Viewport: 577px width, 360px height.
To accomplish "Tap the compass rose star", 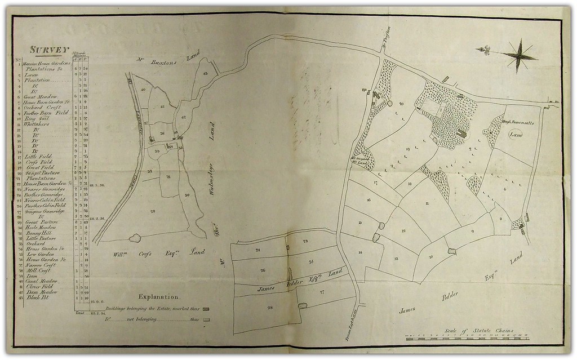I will (x=519, y=54).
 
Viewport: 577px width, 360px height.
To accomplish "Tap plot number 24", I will (x=258, y=250).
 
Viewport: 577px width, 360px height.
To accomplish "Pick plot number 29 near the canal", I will (x=153, y=211).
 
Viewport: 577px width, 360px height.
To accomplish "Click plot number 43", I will (x=205, y=74).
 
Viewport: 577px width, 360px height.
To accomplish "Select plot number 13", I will (x=397, y=259).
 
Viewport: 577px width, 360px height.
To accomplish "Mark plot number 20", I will (x=402, y=104).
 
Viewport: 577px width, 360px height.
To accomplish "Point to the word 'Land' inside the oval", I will (x=516, y=135).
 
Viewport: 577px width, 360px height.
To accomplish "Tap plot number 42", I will (x=184, y=117).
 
